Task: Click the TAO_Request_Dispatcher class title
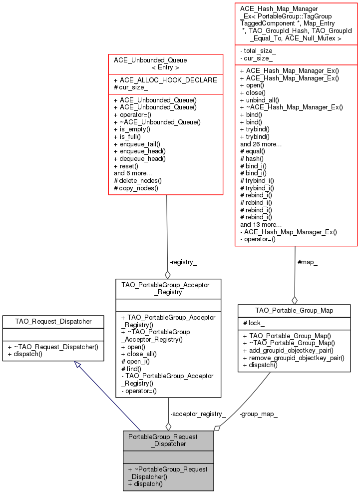[53, 321]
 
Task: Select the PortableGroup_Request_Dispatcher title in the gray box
[168, 440]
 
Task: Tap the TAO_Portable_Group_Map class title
[294, 310]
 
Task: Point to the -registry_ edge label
[183, 262]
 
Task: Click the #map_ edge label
[307, 262]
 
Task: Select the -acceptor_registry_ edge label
[198, 414]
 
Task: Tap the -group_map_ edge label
[258, 414]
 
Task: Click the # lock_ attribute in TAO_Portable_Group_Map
[254, 323]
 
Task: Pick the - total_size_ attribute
[258, 51]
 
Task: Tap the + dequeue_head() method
[139, 158]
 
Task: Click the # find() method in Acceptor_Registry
[131, 368]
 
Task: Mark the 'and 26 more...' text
[261, 144]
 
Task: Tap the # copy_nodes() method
[136, 188]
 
